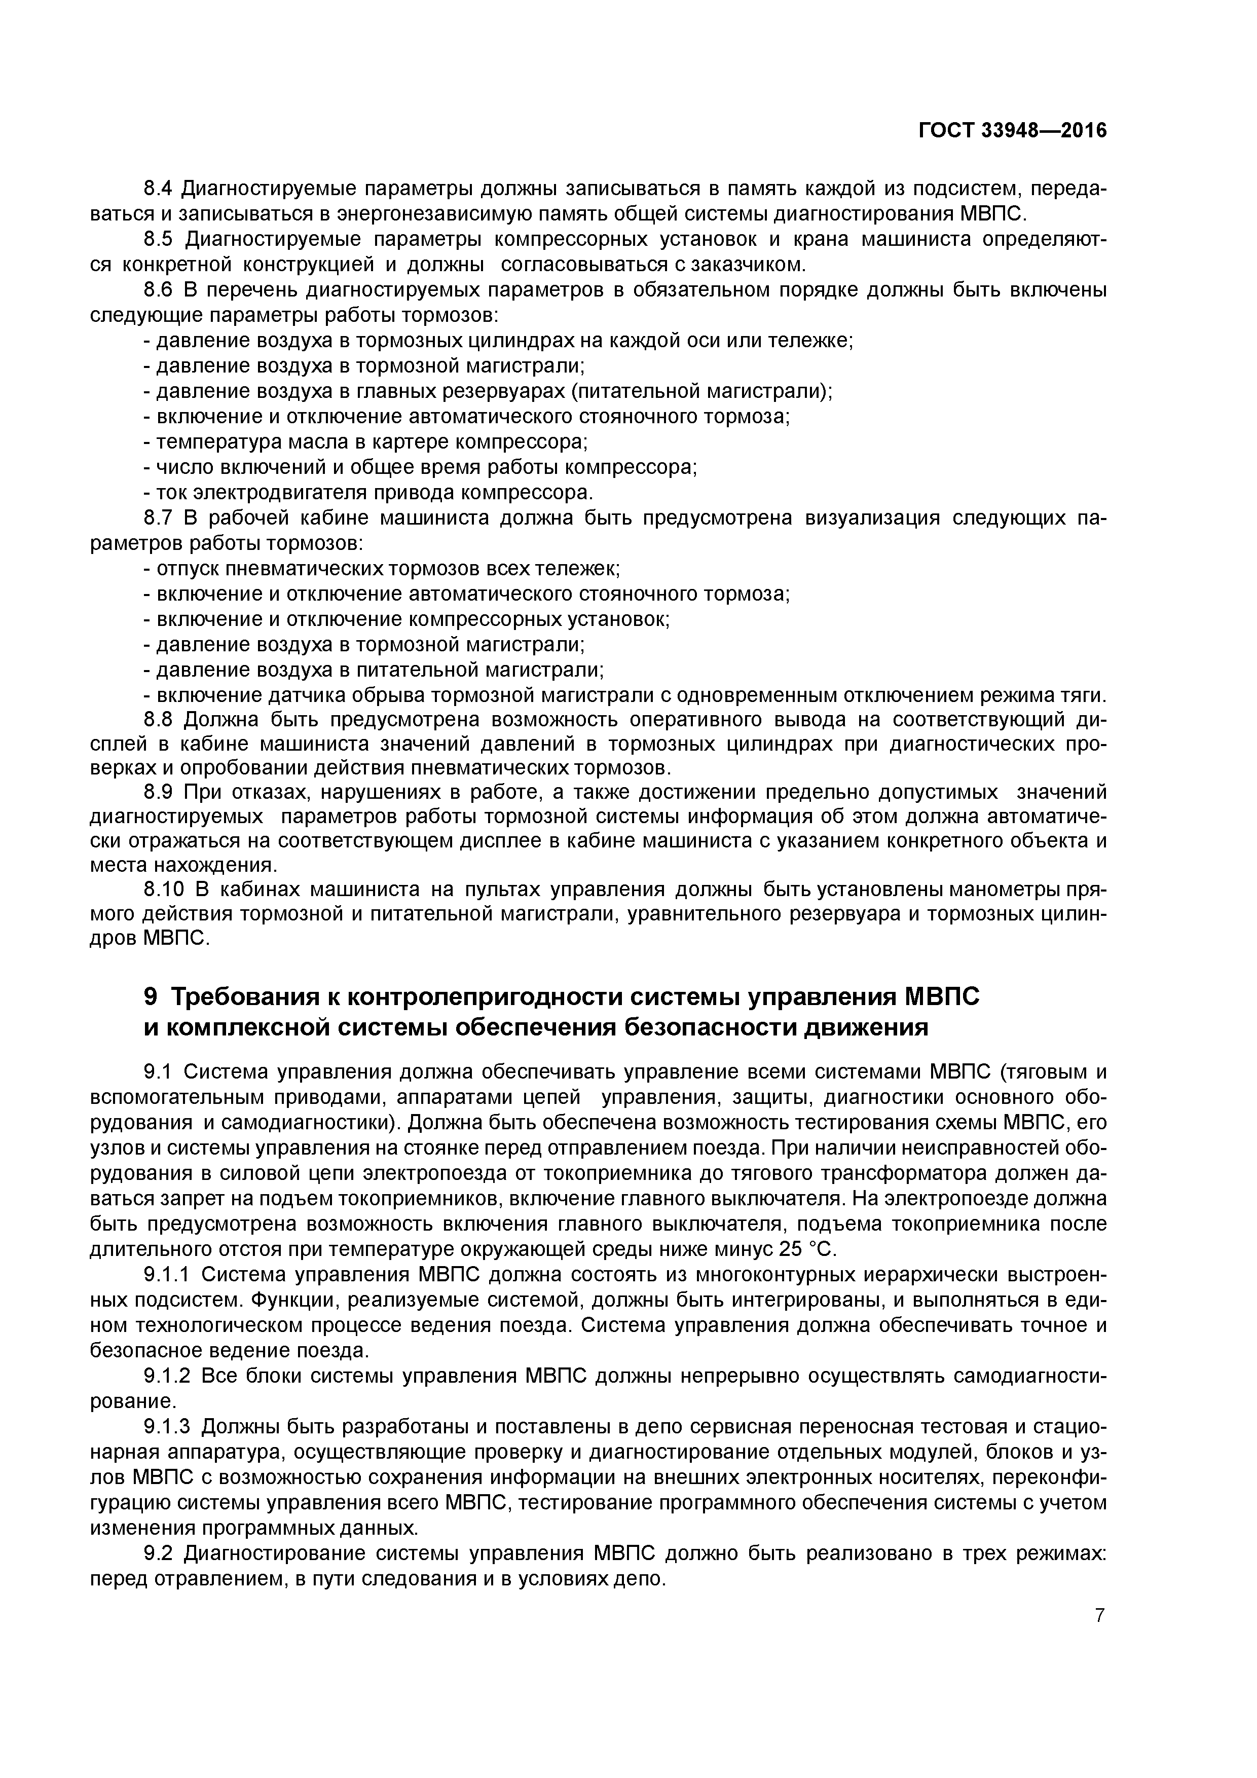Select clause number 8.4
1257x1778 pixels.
[160, 189]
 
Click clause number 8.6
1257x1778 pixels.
[160, 290]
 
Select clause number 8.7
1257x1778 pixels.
[160, 518]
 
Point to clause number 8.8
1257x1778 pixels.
[160, 719]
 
